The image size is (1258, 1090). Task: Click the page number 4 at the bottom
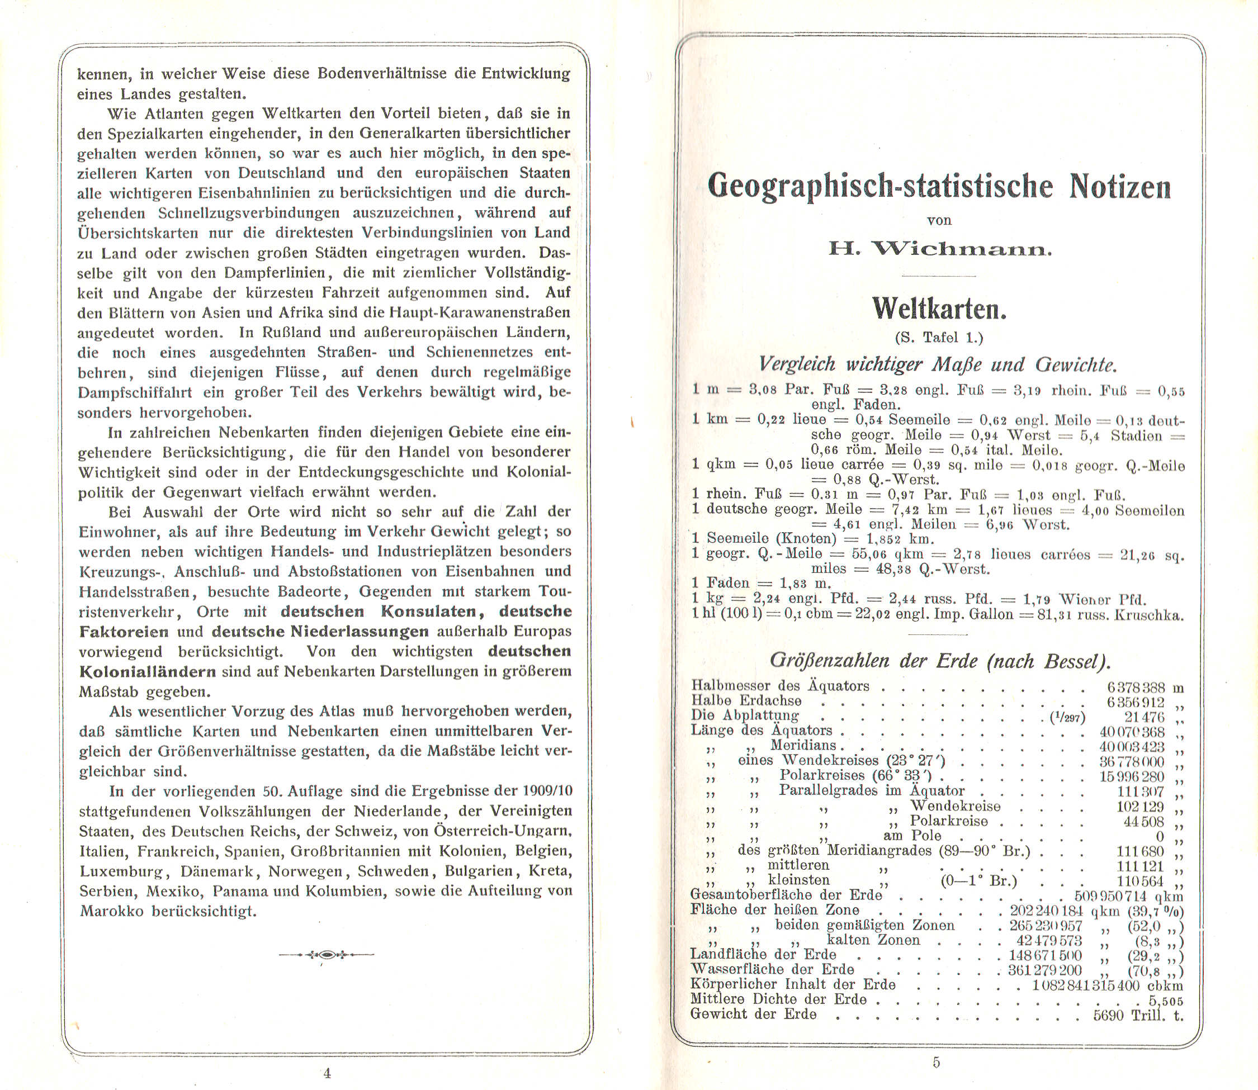(x=327, y=1073)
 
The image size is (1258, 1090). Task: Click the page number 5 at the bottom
(x=936, y=1062)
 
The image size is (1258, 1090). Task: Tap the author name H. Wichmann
(x=939, y=249)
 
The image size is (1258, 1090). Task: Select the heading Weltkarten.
(x=939, y=309)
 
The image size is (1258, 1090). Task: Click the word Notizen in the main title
(x=1120, y=186)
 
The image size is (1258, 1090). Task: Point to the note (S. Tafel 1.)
(x=939, y=338)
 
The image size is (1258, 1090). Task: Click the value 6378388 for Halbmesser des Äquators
(x=1136, y=688)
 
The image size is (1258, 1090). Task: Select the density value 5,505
(x=1165, y=1001)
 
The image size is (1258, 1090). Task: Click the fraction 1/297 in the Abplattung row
(x=1067, y=718)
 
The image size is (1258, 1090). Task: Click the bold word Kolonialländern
(x=147, y=672)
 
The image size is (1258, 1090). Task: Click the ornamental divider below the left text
(x=327, y=954)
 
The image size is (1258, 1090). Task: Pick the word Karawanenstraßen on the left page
(x=504, y=313)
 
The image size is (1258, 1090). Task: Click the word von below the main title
(x=939, y=221)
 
